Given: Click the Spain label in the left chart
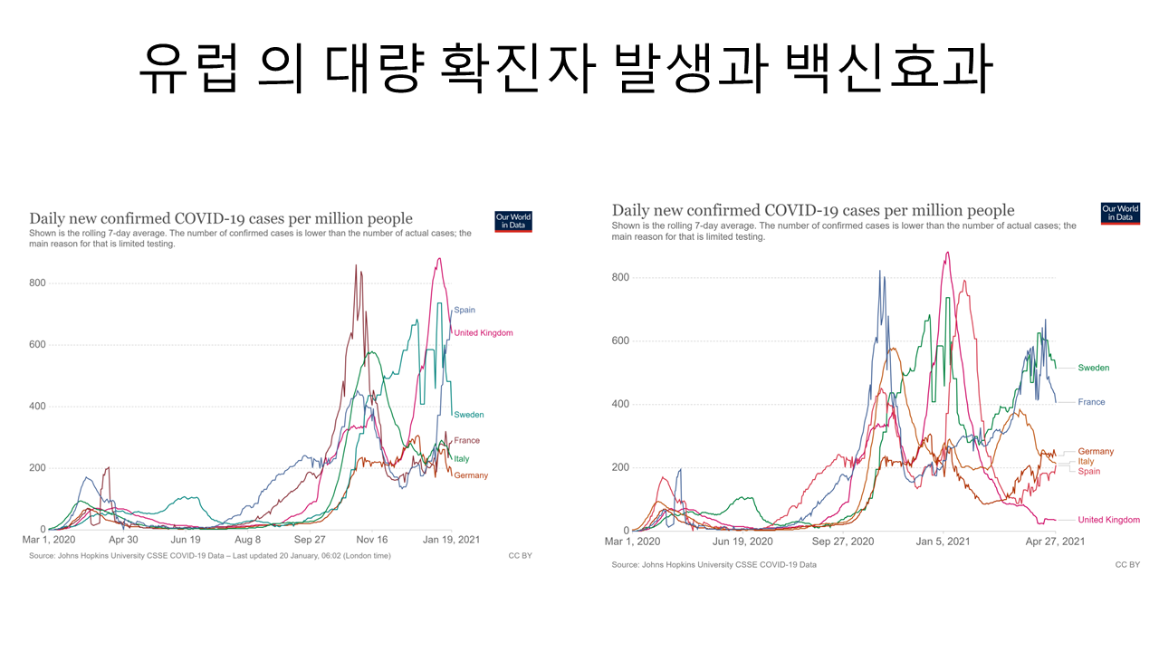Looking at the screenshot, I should (465, 311).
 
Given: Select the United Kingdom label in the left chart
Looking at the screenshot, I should (484, 333).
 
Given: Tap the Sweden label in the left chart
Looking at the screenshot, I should (469, 415).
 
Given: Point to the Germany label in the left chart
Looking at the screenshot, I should (471, 475).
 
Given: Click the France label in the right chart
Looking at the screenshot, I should (1091, 402).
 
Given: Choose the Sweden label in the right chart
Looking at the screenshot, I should (1093, 368).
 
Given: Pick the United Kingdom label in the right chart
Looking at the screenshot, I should (1108, 520).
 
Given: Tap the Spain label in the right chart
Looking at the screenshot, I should (1089, 472).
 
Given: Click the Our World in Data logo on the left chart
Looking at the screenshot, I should (513, 222).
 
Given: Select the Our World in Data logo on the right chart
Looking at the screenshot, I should (1120, 214).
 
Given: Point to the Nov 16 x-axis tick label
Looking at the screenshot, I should (371, 539).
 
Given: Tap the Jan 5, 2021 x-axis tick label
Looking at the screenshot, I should (943, 542).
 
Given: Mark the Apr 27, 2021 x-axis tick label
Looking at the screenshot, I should (1055, 542).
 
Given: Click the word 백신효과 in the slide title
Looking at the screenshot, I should (889, 69).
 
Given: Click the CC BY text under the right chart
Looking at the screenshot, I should (1126, 564).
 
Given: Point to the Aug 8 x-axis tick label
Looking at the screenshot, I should (248, 539).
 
